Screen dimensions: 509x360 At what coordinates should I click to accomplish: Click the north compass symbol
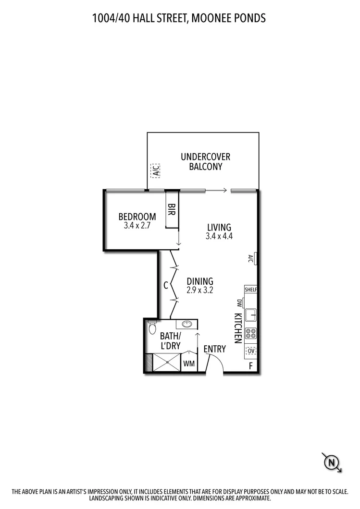[332, 462]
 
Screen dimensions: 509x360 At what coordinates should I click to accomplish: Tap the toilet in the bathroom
[152, 328]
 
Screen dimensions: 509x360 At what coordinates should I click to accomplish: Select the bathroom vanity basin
[187, 324]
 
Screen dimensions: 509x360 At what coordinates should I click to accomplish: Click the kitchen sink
[251, 315]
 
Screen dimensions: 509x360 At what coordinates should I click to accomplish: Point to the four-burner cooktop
[251, 333]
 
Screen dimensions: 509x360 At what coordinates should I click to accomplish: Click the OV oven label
[251, 351]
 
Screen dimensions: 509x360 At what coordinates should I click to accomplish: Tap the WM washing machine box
[189, 364]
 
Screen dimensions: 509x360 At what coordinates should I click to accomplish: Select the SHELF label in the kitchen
[251, 290]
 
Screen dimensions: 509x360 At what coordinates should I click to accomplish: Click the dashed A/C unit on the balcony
[155, 170]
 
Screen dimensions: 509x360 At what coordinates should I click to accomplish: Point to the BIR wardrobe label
[171, 210]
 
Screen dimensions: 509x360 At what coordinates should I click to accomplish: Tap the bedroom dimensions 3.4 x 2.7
[137, 226]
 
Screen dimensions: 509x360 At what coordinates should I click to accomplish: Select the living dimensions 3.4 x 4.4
[219, 236]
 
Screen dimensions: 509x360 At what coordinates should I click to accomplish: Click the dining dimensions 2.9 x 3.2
[200, 290]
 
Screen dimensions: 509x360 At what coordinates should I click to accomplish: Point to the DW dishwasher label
[239, 303]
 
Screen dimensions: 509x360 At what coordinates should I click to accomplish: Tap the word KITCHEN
[237, 328]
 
